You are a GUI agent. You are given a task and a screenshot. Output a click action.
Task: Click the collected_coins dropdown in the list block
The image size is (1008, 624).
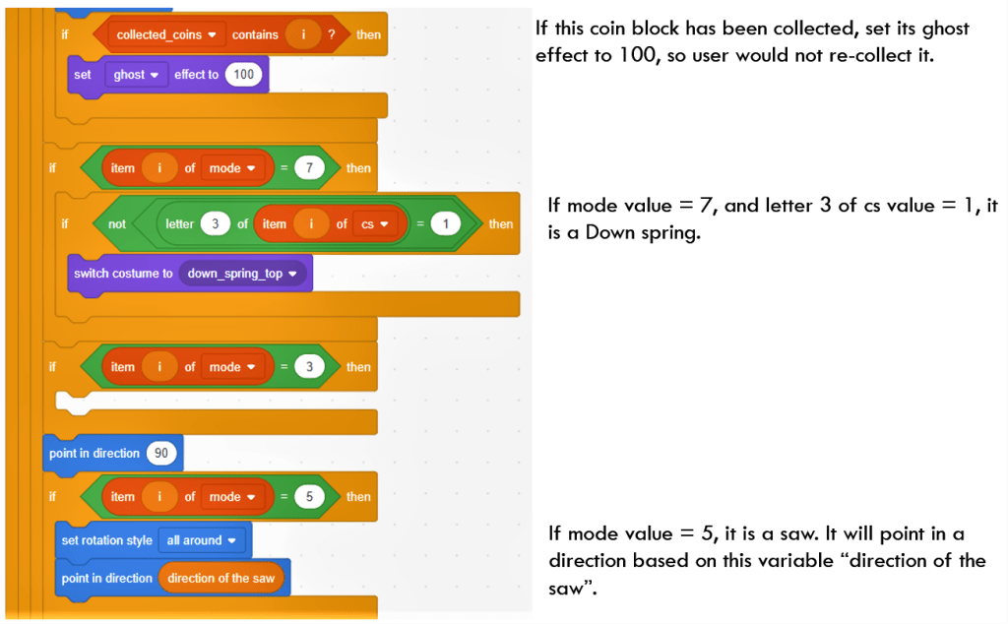click(x=166, y=34)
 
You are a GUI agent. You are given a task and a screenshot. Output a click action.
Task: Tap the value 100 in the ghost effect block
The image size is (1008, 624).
click(x=244, y=75)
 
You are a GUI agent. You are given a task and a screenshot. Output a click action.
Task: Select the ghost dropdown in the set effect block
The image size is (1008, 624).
click(x=136, y=75)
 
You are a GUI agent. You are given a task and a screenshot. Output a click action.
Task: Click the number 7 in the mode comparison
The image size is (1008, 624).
click(x=309, y=168)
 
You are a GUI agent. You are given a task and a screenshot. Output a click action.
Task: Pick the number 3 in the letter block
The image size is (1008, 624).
click(x=215, y=223)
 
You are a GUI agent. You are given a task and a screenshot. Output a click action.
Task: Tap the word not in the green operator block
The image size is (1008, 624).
click(x=117, y=223)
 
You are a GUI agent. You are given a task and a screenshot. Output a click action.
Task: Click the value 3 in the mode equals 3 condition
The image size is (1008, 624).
click(x=309, y=367)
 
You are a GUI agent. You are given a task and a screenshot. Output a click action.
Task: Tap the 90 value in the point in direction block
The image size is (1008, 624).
click(x=160, y=454)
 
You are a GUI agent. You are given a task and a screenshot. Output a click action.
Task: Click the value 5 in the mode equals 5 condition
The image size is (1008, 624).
click(x=309, y=497)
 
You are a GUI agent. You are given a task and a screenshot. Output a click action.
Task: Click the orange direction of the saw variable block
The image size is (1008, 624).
click(x=220, y=578)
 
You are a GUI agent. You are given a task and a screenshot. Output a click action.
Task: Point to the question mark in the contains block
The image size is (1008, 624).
click(x=331, y=34)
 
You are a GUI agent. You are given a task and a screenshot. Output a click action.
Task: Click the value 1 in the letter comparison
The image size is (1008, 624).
click(x=446, y=223)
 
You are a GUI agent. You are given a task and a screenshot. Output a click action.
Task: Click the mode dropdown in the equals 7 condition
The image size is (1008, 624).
click(x=230, y=168)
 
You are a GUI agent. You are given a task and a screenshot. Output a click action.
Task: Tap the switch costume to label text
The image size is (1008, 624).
click(x=123, y=274)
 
